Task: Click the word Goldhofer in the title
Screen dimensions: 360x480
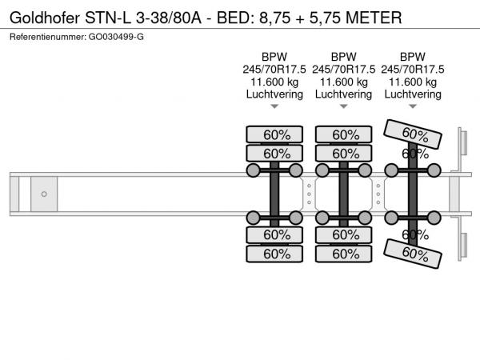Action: [46, 16]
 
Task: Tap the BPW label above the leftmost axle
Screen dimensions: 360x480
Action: [274, 57]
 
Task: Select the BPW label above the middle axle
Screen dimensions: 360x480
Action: [343, 57]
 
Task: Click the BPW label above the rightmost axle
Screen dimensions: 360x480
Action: [412, 57]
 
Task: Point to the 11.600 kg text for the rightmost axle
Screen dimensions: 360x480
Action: [412, 82]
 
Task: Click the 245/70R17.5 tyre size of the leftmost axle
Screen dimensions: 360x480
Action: [274, 69]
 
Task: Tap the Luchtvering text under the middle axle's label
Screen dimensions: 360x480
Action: [343, 94]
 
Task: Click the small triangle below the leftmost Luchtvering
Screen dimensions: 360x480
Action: [274, 106]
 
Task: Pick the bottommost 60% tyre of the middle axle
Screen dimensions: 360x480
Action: [345, 254]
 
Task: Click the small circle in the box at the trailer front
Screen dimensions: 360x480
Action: [44, 194]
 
